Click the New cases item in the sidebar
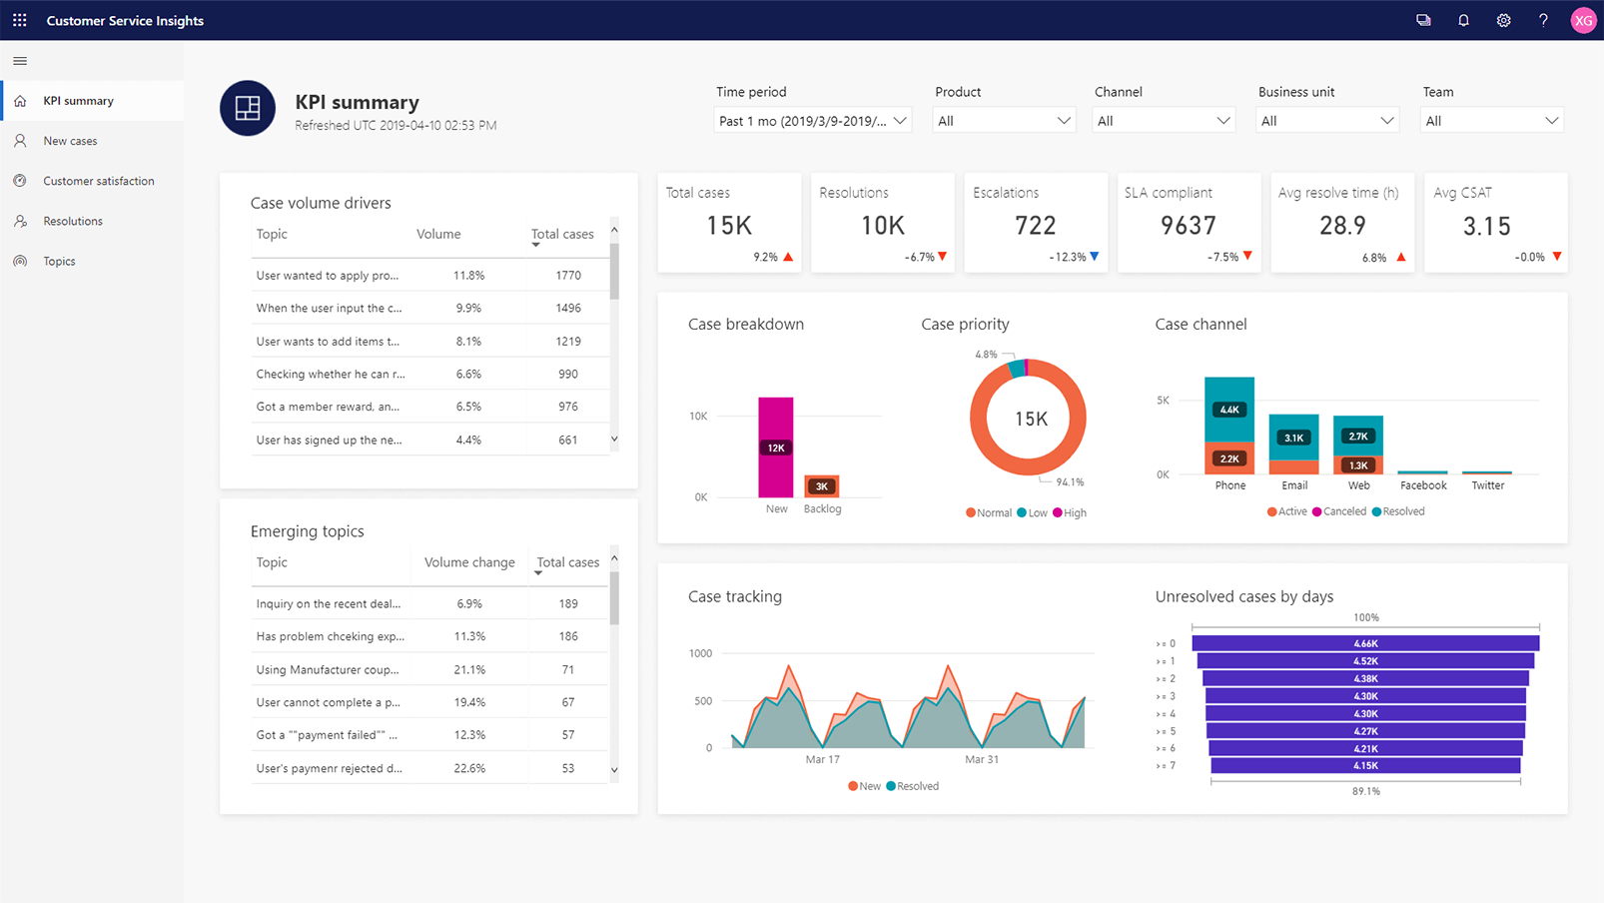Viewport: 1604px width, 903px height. tap(70, 141)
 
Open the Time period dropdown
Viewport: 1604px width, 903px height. tap(812, 121)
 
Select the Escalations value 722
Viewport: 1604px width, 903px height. tap(1035, 226)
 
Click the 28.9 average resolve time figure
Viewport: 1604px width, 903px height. tap(1341, 226)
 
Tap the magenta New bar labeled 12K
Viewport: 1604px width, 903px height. tap(776, 448)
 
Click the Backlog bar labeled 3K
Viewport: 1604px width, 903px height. tap(822, 486)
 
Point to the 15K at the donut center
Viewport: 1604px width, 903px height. tap(1031, 419)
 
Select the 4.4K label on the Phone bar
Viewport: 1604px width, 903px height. tap(1229, 410)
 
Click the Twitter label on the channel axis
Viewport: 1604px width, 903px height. tap(1487, 485)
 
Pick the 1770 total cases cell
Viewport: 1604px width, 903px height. tap(568, 275)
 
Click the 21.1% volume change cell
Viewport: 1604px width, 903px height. tap(469, 669)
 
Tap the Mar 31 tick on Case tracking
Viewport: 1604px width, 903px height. tap(981, 759)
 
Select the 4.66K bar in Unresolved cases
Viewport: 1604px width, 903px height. tap(1365, 643)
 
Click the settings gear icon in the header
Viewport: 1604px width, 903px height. tap(1503, 20)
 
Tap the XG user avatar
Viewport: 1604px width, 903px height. tap(1583, 20)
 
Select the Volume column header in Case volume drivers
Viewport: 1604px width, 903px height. tap(438, 234)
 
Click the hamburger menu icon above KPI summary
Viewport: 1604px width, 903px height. tap(20, 61)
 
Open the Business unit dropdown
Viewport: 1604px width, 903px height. tap(1326, 121)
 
